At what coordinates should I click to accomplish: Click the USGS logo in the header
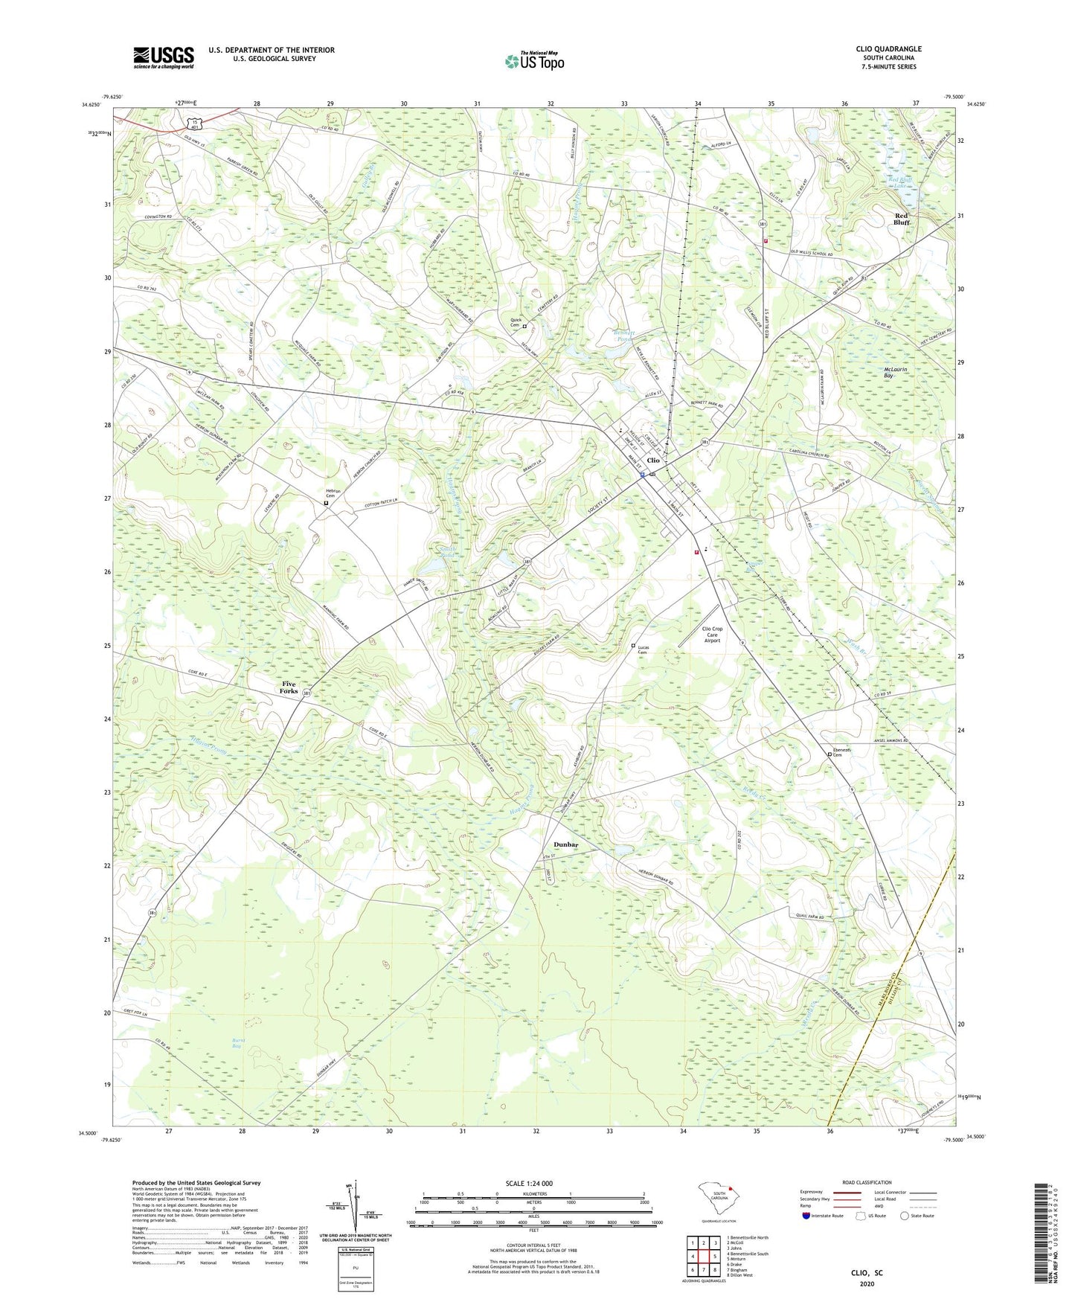click(163, 57)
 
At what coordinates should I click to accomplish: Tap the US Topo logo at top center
click(533, 61)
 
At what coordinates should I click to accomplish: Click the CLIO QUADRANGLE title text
click(888, 49)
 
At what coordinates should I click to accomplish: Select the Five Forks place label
click(289, 687)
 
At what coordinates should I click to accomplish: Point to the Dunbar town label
click(566, 844)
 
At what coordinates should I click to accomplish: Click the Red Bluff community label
click(901, 219)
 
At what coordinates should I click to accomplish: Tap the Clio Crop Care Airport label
click(712, 634)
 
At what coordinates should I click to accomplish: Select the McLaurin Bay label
click(895, 372)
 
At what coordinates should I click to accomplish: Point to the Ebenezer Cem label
click(841, 752)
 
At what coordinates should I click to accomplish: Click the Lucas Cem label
click(644, 649)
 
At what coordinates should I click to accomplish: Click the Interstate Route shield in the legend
click(806, 1216)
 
